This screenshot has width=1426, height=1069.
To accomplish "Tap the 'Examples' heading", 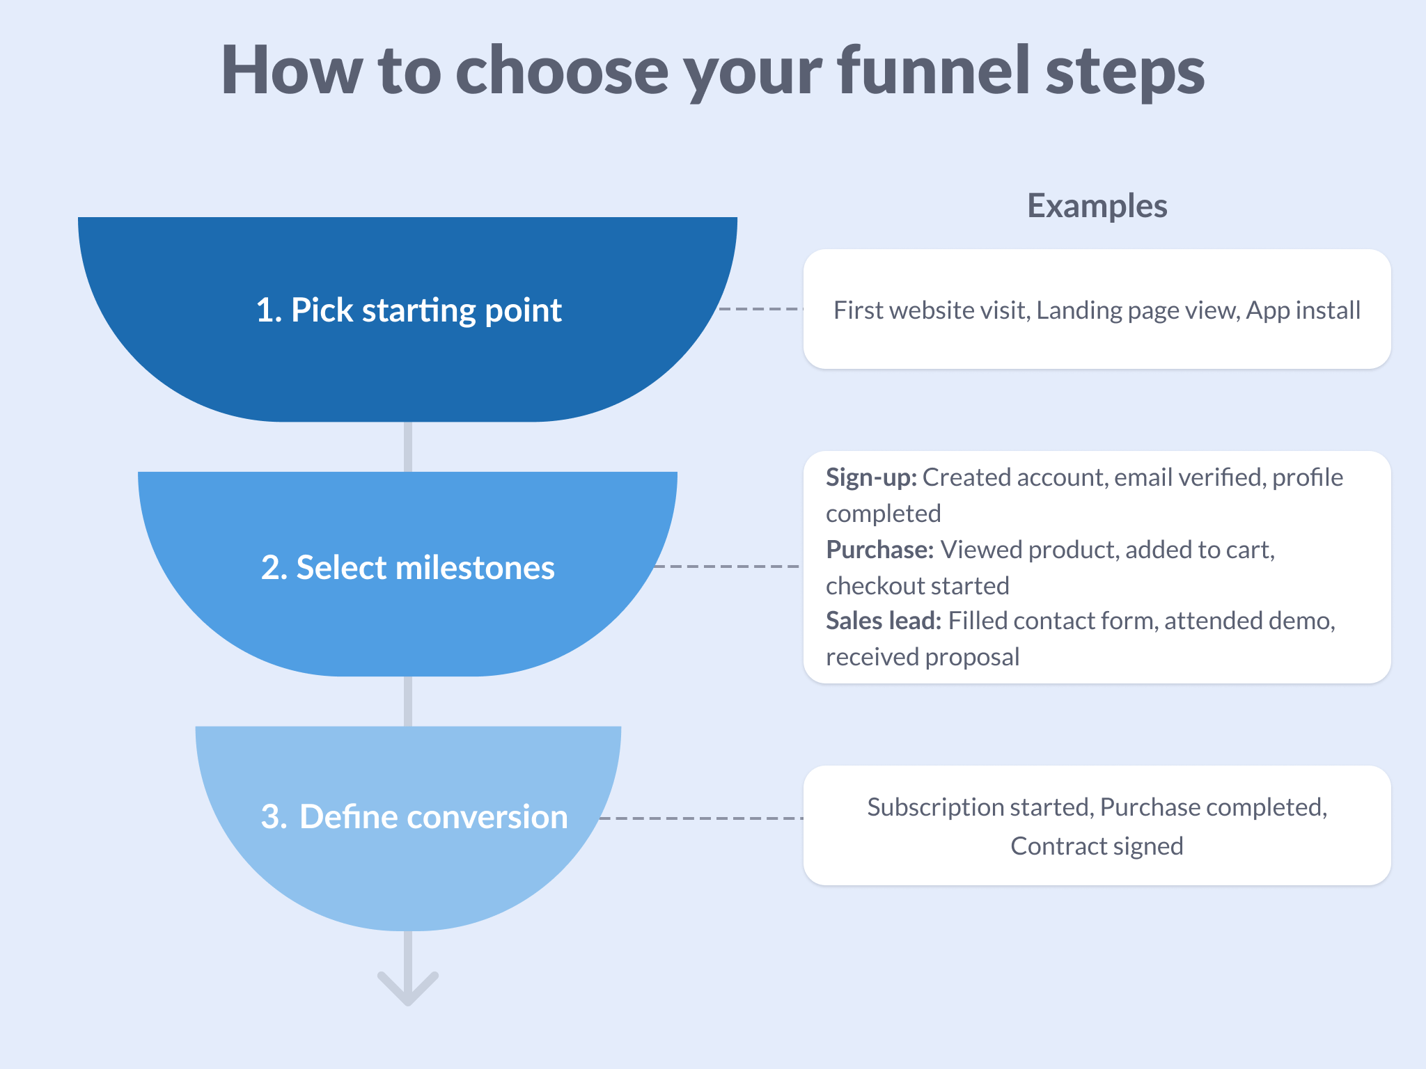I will pos(1097,206).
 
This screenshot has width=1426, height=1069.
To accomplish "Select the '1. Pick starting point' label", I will pos(408,310).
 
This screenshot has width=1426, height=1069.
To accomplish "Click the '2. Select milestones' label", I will pos(408,567).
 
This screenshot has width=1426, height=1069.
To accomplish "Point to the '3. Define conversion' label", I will pos(414,816).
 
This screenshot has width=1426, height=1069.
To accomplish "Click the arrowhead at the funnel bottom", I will pos(408,988).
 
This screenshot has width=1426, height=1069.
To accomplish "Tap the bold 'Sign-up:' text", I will pos(871,477).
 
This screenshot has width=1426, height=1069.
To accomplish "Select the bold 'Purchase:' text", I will pos(879,550).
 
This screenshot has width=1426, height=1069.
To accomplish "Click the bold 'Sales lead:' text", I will pos(883,621).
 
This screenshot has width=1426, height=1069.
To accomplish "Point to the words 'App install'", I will pos(1303,310).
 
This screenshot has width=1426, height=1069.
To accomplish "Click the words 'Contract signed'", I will pos(1097,846).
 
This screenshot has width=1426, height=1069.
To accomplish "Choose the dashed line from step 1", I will pos(761,308).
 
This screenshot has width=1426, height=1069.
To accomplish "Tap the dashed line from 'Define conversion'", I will pos(700,818).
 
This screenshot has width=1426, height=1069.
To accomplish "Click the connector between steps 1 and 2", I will pos(408,446).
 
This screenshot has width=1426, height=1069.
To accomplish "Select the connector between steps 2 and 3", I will pos(408,701).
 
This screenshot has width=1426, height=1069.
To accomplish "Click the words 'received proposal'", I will pos(923,657).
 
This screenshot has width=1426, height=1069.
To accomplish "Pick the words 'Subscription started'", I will pos(978,807).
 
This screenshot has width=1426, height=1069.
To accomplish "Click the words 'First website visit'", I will pos(931,310).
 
